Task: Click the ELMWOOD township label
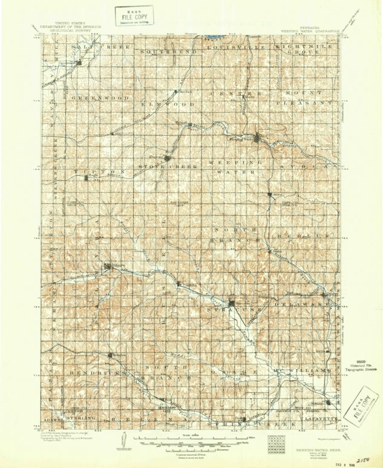click(x=168, y=104)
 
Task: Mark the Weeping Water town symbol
click(x=259, y=140)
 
